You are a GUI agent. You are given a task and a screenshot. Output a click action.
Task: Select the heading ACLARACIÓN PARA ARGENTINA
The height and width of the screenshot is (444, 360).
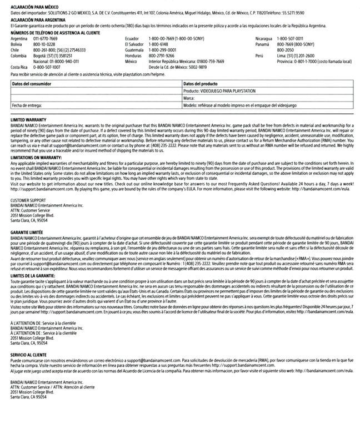click(34, 19)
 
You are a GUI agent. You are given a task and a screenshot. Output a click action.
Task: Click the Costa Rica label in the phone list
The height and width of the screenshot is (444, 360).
click(20, 67)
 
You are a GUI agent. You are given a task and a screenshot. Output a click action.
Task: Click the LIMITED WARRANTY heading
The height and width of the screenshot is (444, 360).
click(28, 119)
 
